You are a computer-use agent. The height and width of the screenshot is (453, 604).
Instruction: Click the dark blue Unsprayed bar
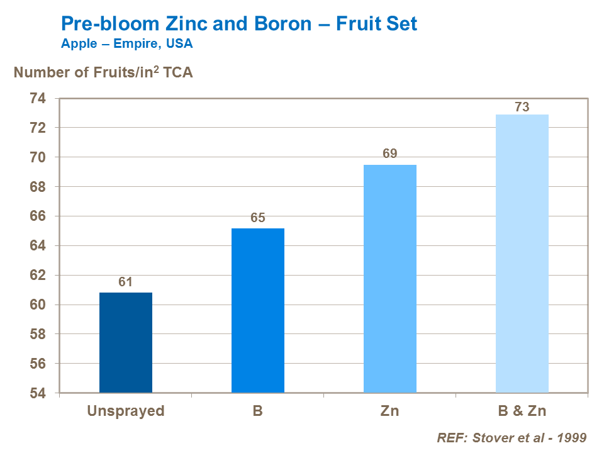coord(126,343)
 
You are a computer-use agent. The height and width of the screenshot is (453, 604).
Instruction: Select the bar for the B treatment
coord(258,311)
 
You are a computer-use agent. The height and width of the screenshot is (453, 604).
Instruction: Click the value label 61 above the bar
coord(126,282)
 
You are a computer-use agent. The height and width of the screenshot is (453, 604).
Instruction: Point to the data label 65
coord(258,218)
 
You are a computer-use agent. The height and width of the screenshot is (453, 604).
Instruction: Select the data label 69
coord(390,154)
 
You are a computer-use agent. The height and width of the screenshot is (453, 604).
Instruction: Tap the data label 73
coord(522,107)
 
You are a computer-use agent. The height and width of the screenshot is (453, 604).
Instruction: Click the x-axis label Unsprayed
coord(126,411)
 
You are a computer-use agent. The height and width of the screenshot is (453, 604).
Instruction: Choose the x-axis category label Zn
coord(390,411)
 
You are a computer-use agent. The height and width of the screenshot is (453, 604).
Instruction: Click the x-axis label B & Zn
coord(522,411)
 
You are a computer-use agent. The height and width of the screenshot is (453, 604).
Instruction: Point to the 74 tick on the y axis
coord(38,98)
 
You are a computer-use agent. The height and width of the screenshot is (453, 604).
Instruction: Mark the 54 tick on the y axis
coord(38,393)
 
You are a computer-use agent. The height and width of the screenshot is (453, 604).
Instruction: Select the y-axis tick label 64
coord(38,246)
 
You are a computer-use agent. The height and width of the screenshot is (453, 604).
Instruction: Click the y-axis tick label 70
coord(38,157)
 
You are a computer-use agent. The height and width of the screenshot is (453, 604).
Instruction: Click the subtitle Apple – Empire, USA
coord(126,44)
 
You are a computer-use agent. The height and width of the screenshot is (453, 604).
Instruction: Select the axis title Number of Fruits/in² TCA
coord(103,72)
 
